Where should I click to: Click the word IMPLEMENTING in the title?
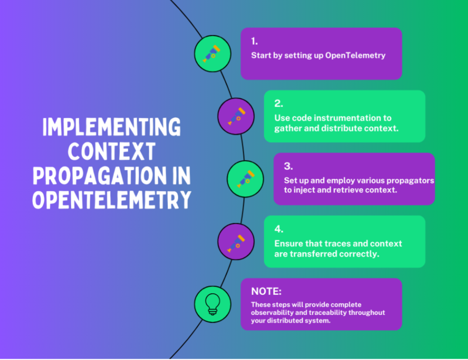pyautogui.click(x=111, y=128)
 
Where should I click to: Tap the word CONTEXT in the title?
pyautogui.click(x=111, y=152)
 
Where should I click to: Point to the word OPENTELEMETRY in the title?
pyautogui.click(x=111, y=200)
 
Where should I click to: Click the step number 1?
pyautogui.click(x=254, y=42)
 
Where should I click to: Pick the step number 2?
pyautogui.click(x=278, y=104)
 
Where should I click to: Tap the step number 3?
pyautogui.click(x=288, y=166)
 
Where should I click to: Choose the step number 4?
pyautogui.click(x=279, y=229)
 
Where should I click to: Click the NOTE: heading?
pyautogui.click(x=266, y=291)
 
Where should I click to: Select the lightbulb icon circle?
pyautogui.click(x=212, y=304)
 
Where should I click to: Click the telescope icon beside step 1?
pyautogui.click(x=212, y=54)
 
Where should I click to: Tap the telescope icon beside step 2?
pyautogui.click(x=236, y=116)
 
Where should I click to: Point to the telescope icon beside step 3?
pyautogui.click(x=245, y=178)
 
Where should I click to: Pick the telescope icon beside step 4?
pyautogui.click(x=236, y=241)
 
